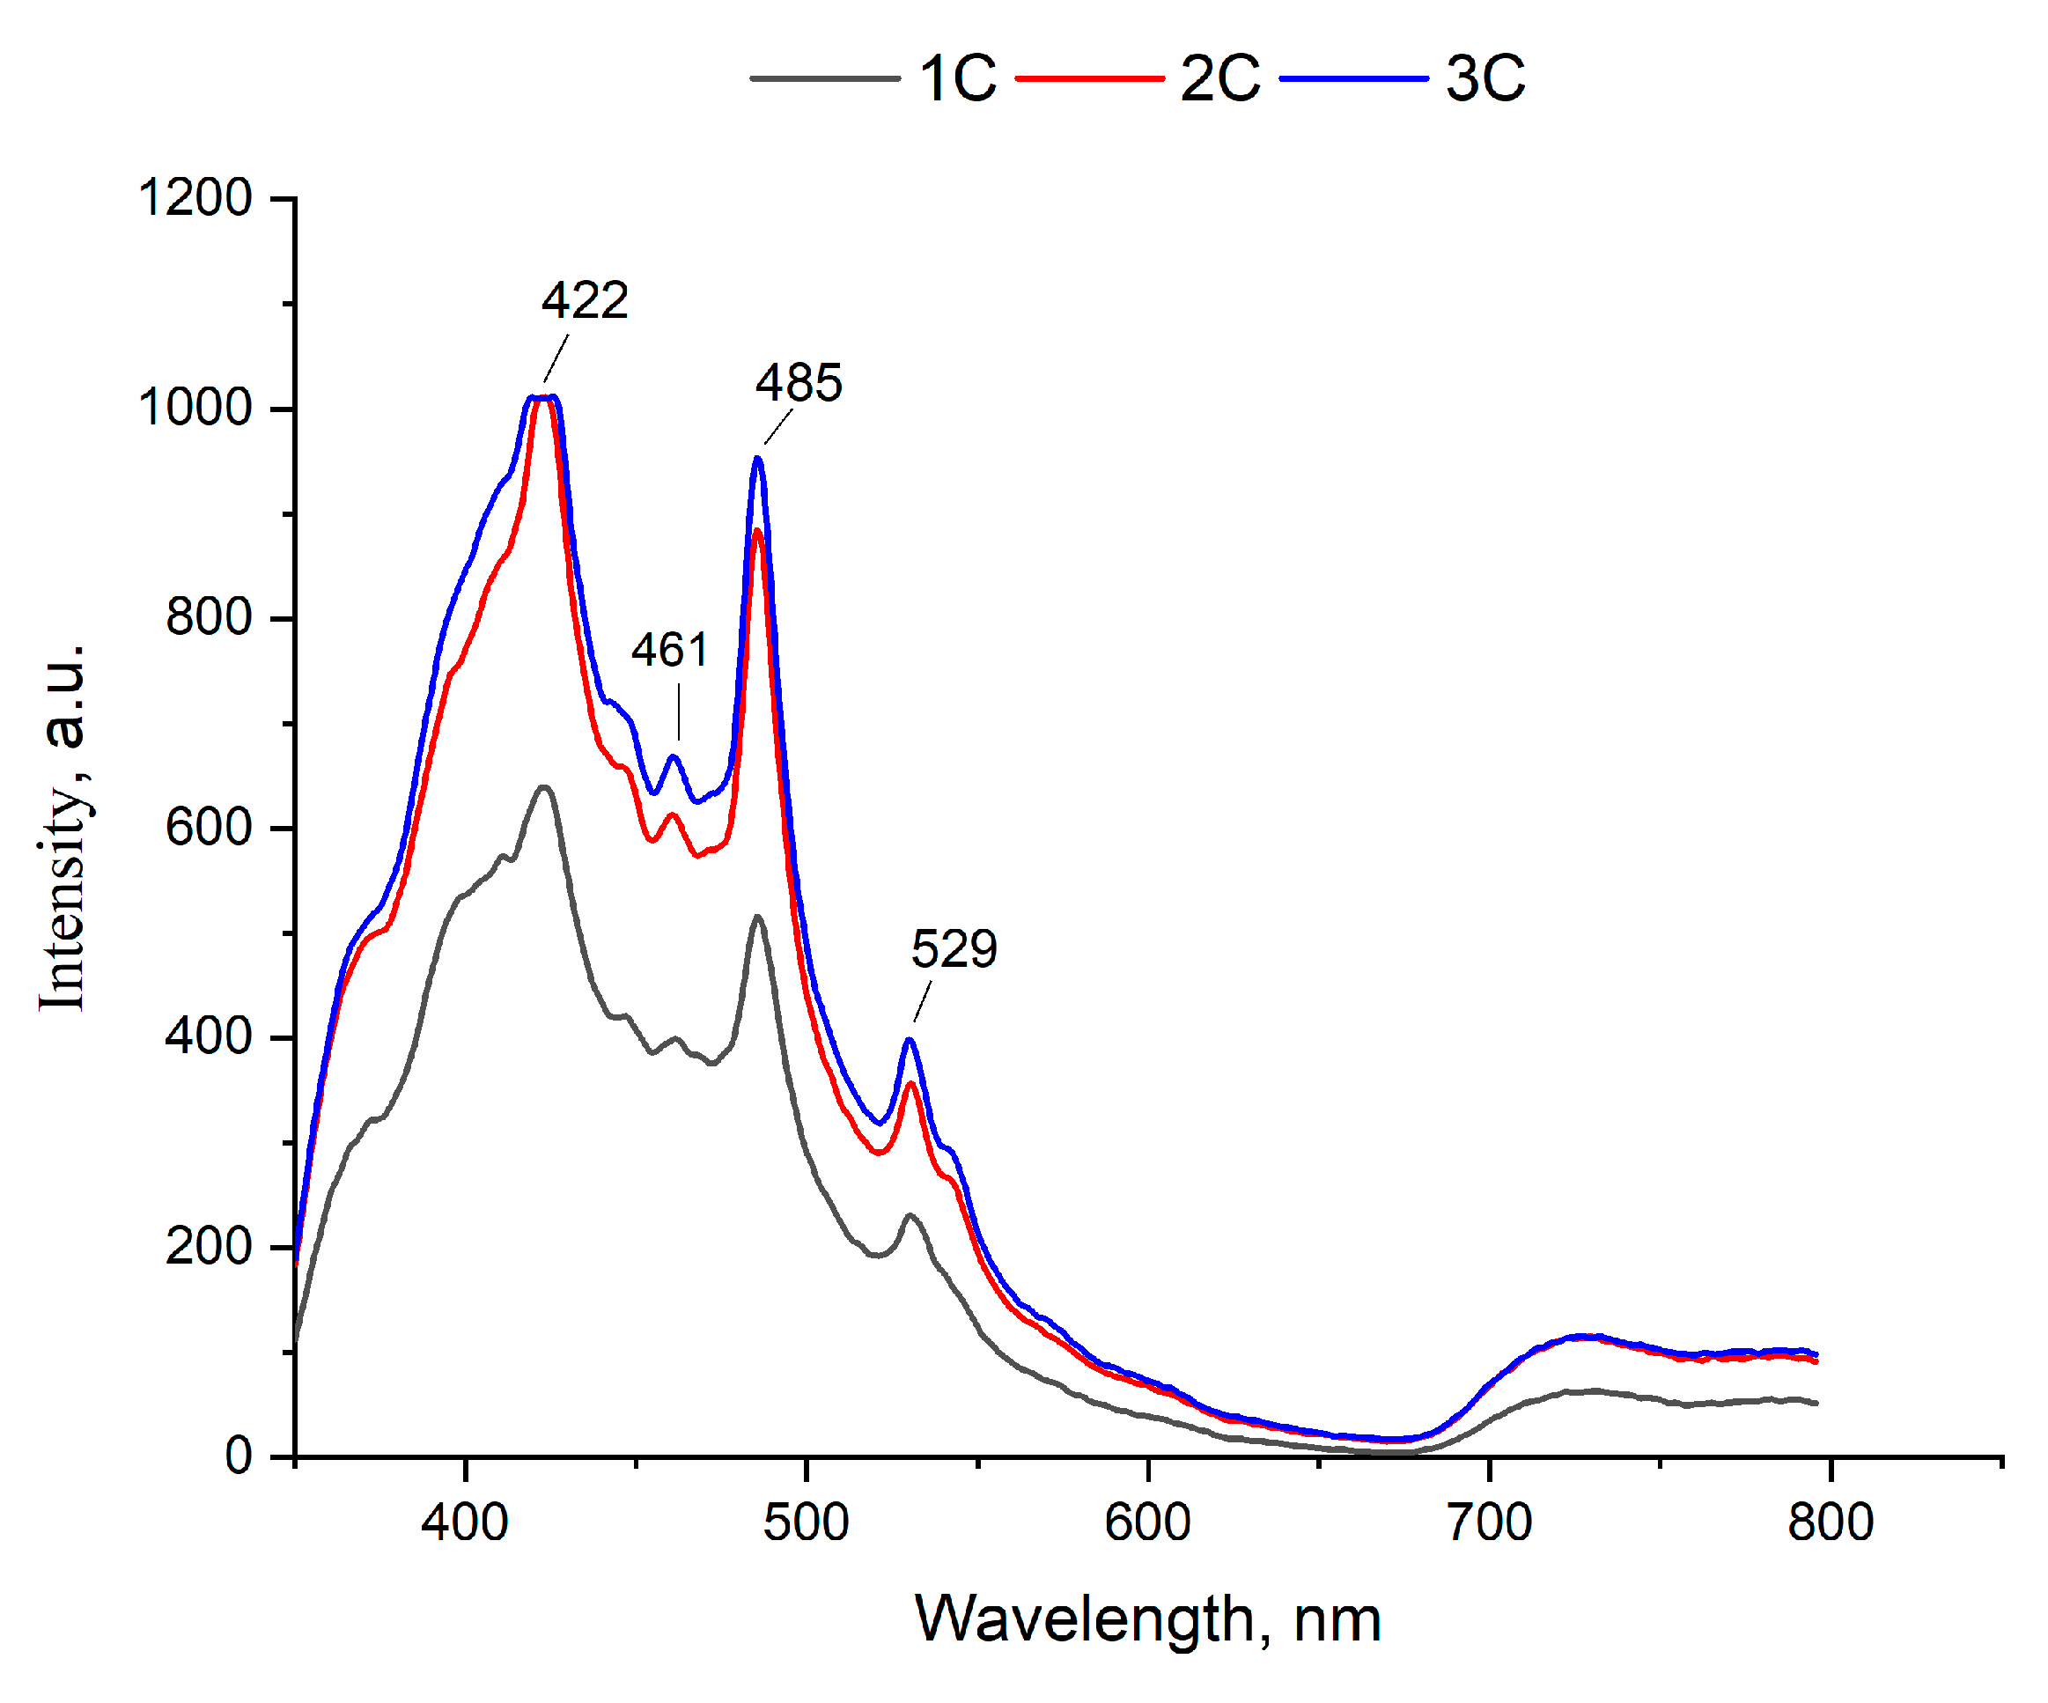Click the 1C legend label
click(958, 78)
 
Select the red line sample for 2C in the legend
click(1089, 78)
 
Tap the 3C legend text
click(1484, 78)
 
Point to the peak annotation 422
click(586, 300)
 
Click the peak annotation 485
click(799, 383)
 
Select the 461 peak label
click(669, 651)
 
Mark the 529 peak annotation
click(954, 949)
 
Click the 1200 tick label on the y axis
click(196, 198)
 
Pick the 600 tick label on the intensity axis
click(209, 828)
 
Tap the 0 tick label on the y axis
click(239, 1456)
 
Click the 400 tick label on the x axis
click(465, 1522)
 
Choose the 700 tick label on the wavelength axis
click(1489, 1522)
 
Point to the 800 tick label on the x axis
click(1831, 1522)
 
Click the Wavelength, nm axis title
click(1148, 1620)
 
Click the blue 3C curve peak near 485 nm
click(758, 459)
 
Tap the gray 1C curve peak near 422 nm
click(544, 787)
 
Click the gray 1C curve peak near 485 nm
click(758, 917)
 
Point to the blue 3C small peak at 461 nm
click(673, 757)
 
